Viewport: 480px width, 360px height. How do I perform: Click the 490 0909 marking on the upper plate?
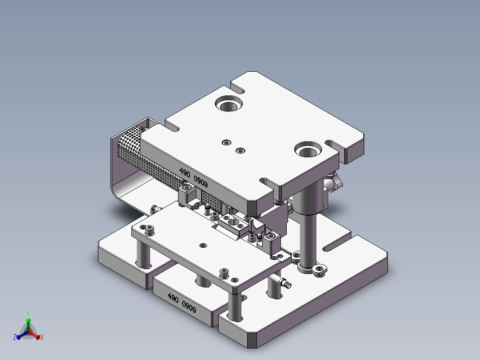(x=193, y=177)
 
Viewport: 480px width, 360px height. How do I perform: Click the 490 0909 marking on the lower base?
(x=182, y=303)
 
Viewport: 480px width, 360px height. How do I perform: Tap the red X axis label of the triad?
(x=42, y=338)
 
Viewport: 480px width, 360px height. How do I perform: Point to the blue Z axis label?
(x=15, y=338)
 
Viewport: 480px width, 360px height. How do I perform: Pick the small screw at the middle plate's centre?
(x=203, y=245)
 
